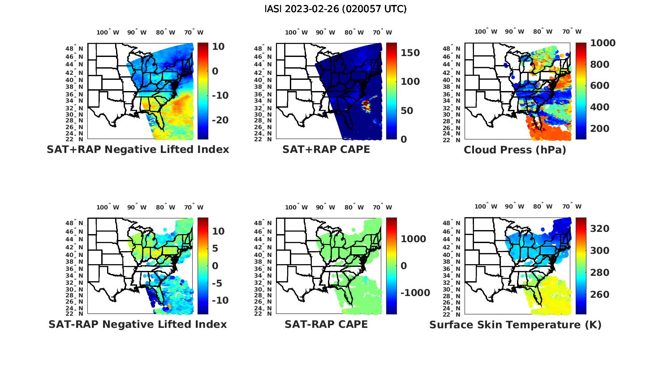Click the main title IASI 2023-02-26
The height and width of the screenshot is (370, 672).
coord(336,9)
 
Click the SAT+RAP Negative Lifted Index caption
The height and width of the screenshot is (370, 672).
coord(138,149)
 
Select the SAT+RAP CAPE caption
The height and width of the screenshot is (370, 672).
coord(326,149)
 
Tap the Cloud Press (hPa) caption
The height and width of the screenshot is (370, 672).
coord(515,150)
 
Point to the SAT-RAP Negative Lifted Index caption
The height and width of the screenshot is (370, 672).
coord(138,324)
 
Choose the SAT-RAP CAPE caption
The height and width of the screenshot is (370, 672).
coord(326,324)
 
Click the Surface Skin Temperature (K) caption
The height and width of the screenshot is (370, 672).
coord(515,325)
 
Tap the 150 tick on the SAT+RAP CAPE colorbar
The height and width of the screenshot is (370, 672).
coord(410,53)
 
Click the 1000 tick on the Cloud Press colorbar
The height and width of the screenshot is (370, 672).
coord(603,43)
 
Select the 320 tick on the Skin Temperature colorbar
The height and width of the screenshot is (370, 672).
coord(600,229)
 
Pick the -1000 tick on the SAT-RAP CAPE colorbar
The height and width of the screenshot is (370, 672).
coord(415,293)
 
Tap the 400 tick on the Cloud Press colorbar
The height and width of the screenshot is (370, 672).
coord(600,107)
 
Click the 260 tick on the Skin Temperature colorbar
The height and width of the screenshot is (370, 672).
coord(600,295)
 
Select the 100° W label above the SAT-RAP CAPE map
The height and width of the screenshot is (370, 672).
coord(296,207)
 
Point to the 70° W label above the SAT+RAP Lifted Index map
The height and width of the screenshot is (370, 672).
coord(194,32)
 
